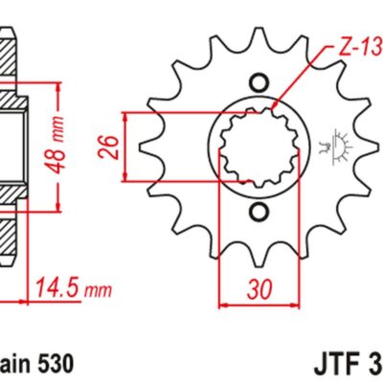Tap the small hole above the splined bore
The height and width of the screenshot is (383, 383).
258,83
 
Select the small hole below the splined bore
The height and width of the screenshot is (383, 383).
258,210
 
